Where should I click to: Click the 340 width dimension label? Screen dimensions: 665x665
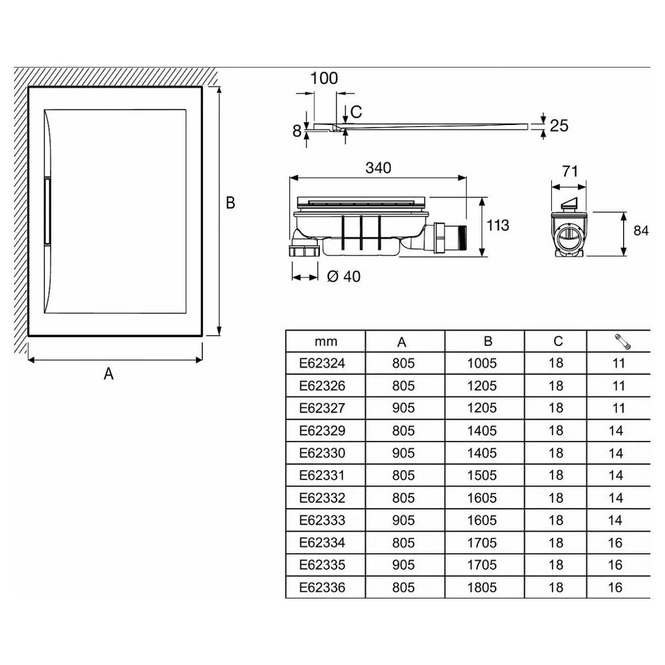(378, 168)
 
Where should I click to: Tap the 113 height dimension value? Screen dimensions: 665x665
(497, 225)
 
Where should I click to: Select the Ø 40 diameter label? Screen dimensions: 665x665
(344, 277)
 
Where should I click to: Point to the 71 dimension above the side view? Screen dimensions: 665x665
(570, 172)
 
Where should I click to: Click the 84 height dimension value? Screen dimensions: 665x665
(641, 231)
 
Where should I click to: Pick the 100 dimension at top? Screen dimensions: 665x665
(324, 78)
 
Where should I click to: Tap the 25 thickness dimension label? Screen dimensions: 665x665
(559, 126)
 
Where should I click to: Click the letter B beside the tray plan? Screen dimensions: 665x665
(230, 203)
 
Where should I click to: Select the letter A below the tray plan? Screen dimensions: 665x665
(108, 374)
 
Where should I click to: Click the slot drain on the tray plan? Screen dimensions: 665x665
(47, 211)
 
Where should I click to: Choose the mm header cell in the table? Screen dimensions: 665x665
(326, 341)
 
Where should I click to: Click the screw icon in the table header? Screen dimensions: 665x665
(622, 342)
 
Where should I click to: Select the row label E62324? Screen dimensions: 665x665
(322, 364)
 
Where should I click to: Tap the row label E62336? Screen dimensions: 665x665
(322, 587)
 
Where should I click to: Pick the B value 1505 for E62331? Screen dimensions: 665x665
(481, 475)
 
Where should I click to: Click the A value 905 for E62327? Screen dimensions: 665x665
(404, 408)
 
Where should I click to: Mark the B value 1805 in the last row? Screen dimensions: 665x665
(481, 587)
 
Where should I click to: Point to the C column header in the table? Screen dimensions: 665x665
(558, 341)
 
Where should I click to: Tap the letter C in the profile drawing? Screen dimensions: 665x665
(356, 112)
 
